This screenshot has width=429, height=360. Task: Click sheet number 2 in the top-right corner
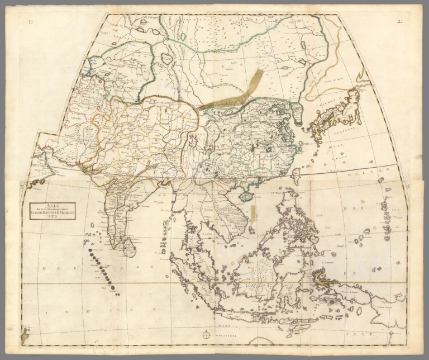click(399, 23)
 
